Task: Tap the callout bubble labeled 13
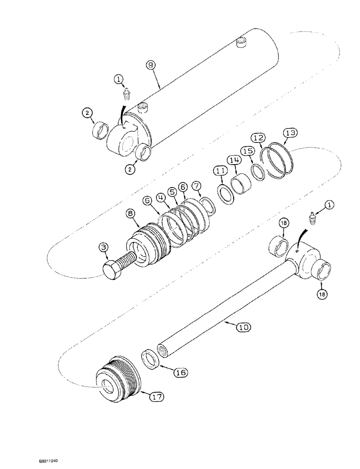290,133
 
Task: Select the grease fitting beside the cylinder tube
125,96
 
